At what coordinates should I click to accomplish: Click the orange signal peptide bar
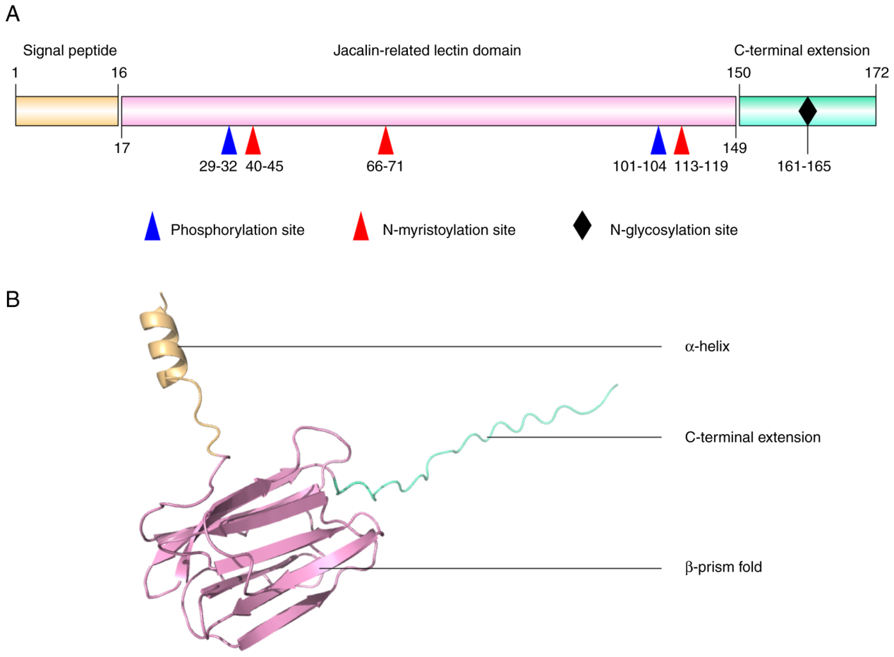[x=66, y=111]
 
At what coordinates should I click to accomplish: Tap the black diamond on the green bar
[x=807, y=111]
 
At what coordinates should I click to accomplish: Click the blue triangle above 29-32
[x=229, y=142]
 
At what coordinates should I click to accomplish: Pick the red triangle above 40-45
[x=253, y=142]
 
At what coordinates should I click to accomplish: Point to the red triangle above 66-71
[x=385, y=142]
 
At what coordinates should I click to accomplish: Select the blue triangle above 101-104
[x=658, y=142]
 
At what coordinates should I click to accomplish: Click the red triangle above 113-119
[x=681, y=142]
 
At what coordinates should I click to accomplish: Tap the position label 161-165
[x=807, y=167]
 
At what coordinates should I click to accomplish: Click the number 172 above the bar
[x=876, y=72]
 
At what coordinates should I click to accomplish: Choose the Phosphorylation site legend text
[x=237, y=229]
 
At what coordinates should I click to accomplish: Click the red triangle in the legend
[x=361, y=229]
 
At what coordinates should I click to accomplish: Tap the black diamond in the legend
[x=582, y=229]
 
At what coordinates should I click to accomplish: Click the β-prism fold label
[x=723, y=567]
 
